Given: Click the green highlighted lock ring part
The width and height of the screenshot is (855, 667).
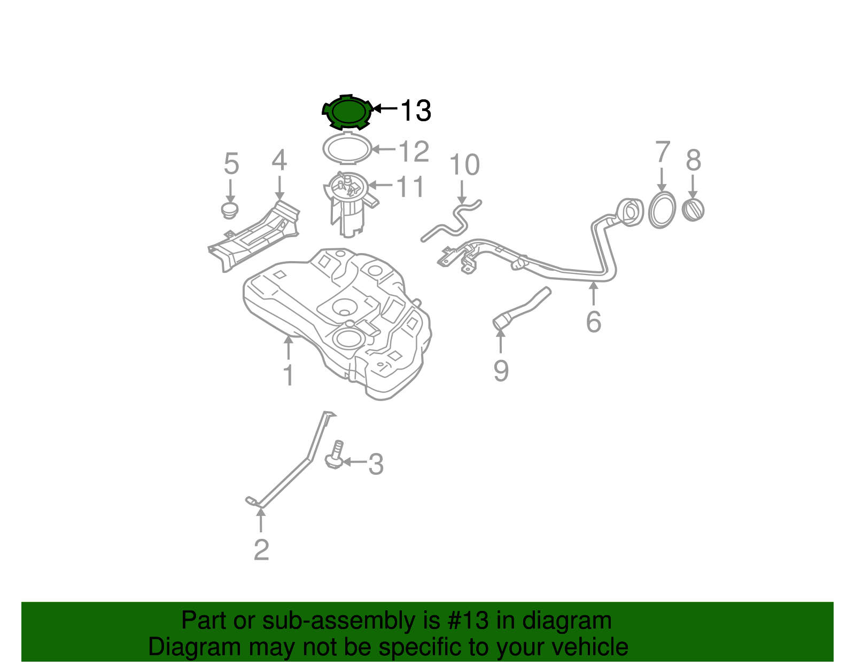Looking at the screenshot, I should [347, 112].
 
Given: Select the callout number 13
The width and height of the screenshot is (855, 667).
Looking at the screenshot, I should [415, 111].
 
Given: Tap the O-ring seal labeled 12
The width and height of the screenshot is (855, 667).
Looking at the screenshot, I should [347, 148].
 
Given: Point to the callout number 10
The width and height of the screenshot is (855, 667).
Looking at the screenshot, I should [464, 165].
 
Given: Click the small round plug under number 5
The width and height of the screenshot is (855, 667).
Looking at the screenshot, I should [230, 210].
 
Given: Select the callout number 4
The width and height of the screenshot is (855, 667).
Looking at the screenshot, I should [279, 160].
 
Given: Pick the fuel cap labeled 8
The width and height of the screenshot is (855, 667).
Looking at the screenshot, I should [694, 209].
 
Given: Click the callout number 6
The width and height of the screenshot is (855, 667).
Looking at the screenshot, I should [593, 321].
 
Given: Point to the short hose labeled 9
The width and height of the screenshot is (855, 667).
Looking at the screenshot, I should [521, 308].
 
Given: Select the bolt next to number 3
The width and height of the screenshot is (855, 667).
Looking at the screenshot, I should [335, 456].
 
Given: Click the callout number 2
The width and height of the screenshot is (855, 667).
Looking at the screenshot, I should [261, 550].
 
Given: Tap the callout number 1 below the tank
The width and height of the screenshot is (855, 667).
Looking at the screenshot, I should [288, 375].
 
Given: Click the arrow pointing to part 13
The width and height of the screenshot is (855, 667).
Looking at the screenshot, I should [385, 108].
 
